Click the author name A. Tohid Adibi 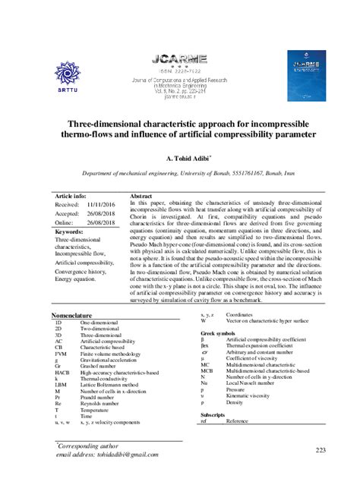pos(180,159)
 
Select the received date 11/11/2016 pos(101,204)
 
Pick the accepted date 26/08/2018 pos(101,214)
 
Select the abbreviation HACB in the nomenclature pos(62,373)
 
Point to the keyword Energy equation pos(75,279)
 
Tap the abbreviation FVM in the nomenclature pos(60,354)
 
